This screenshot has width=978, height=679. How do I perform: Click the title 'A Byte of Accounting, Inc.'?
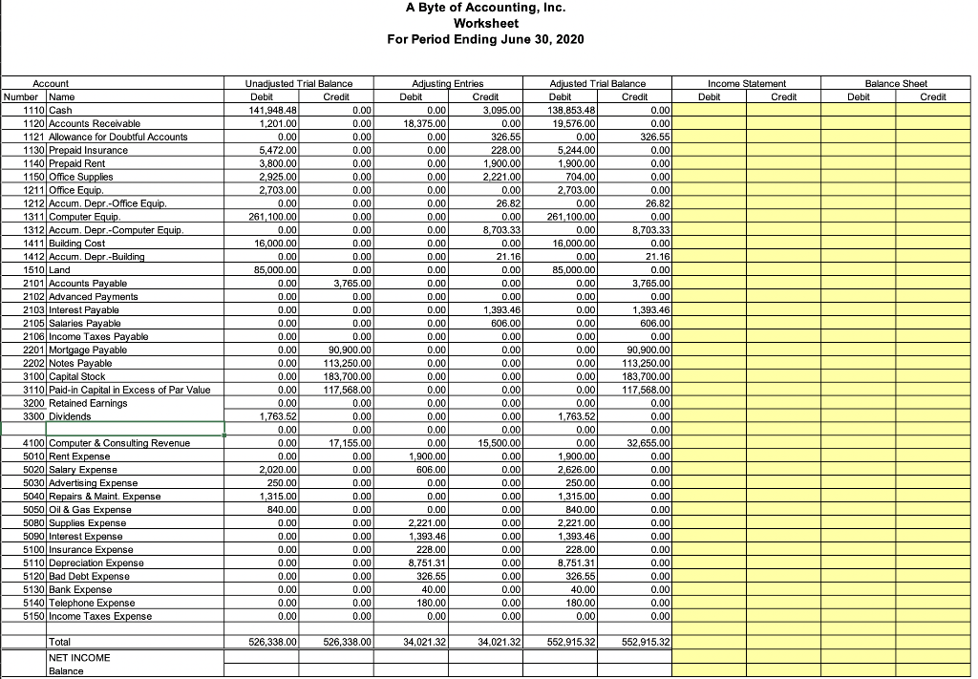tap(485, 8)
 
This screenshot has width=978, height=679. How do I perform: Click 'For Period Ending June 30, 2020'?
tap(485, 39)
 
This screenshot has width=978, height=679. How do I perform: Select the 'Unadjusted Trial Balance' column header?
tap(299, 84)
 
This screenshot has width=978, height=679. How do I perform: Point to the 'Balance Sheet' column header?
tap(896, 84)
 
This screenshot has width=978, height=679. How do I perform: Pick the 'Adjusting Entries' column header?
tap(447, 84)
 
